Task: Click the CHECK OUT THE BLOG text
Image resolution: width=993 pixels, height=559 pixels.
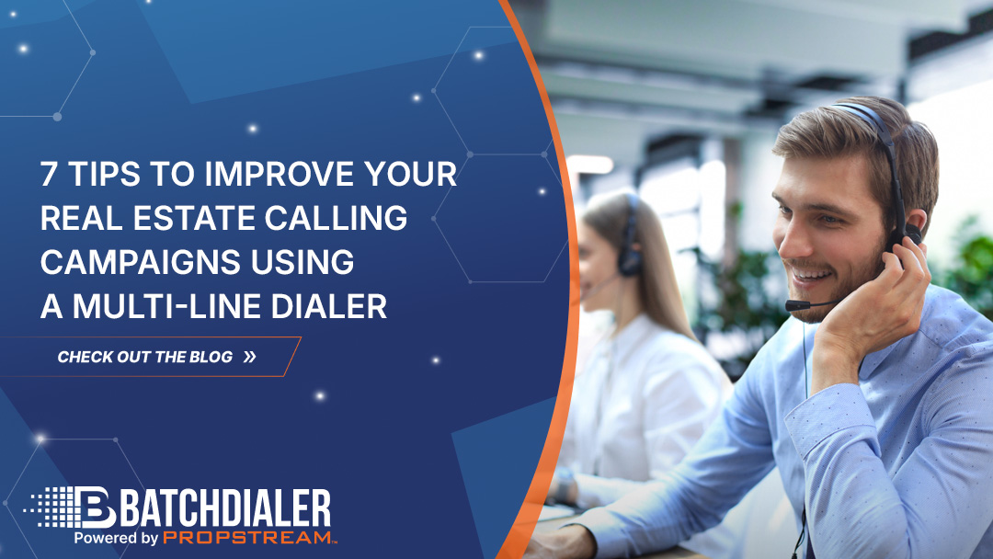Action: click(x=145, y=357)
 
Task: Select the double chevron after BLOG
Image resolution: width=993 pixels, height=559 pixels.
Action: click(x=250, y=357)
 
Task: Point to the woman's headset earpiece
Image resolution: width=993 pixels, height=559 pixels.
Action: click(x=630, y=260)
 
